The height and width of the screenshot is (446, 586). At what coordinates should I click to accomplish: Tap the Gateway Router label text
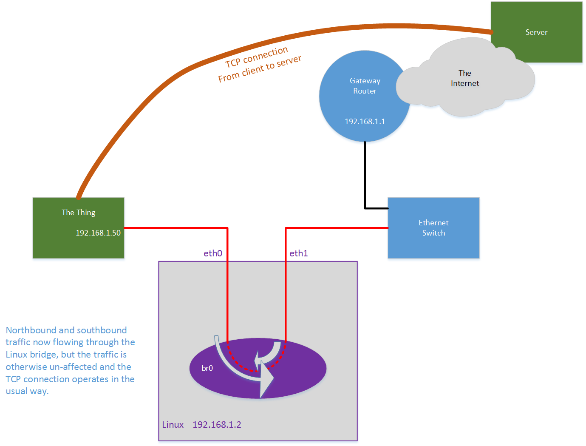(365, 86)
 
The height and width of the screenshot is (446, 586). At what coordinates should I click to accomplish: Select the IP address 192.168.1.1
(365, 122)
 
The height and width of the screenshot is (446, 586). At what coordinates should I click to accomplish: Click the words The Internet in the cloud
(464, 78)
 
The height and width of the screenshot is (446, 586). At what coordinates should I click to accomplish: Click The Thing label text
(78, 213)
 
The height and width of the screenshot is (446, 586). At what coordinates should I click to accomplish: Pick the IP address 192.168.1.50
(98, 233)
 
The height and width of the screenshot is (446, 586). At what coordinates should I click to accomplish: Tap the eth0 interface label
(212, 253)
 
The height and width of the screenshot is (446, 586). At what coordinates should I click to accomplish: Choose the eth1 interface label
(298, 253)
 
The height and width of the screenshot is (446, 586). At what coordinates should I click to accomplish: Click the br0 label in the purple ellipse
(207, 368)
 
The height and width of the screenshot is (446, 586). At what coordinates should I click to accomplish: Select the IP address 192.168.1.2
(217, 425)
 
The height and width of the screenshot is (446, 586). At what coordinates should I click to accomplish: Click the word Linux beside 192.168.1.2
(173, 425)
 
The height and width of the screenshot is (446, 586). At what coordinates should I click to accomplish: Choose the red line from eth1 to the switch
(336, 228)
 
